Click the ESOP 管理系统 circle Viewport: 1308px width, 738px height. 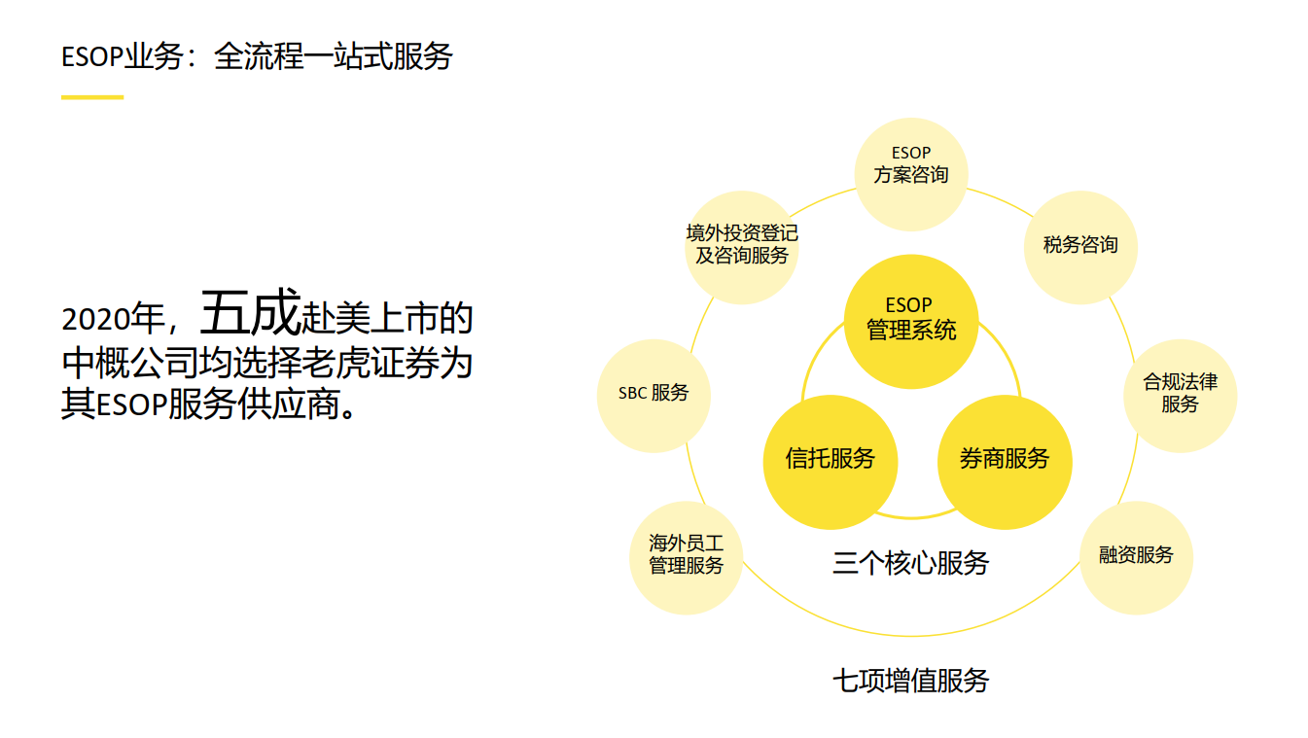point(911,322)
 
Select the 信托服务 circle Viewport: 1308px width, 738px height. point(831,462)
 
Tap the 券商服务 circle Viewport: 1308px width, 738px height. point(1005,462)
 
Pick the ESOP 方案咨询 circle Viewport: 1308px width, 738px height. point(911,175)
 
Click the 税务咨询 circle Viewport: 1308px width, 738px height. point(1080,247)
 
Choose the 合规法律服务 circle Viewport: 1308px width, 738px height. point(1181,396)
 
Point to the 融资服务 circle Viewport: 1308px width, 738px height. point(1136,557)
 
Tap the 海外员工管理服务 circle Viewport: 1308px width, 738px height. point(687,557)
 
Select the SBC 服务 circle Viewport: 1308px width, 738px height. point(654,396)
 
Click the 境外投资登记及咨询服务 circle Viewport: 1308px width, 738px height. point(742,247)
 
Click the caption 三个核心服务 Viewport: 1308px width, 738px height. point(911,563)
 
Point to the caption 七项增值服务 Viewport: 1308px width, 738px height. point(911,681)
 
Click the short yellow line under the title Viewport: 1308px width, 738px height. point(92,97)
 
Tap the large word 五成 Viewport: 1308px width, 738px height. point(250,312)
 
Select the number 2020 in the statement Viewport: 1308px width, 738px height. point(95,320)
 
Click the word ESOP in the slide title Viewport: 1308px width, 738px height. point(92,57)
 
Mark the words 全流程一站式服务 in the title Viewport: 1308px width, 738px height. point(333,56)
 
